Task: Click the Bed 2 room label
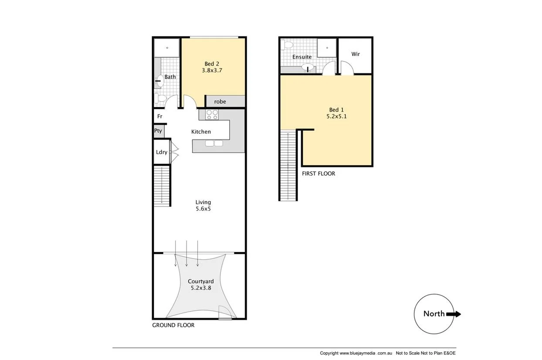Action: coord(211,64)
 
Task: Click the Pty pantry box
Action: coord(158,131)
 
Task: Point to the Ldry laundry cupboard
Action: coord(162,152)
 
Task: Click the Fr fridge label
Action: coord(159,116)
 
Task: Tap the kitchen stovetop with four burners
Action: coord(212,115)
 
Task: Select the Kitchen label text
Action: coord(201,132)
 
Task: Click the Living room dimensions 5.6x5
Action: coord(203,209)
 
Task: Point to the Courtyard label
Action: coord(200,282)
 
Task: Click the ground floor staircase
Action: coord(161,185)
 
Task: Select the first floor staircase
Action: coord(288,166)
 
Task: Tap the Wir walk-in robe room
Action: coord(356,54)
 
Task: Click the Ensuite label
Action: coord(302,57)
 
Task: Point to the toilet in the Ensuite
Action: coord(286,45)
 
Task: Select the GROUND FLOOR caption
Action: coord(173,325)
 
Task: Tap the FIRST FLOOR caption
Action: coord(318,173)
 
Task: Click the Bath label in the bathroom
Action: coord(170,77)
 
